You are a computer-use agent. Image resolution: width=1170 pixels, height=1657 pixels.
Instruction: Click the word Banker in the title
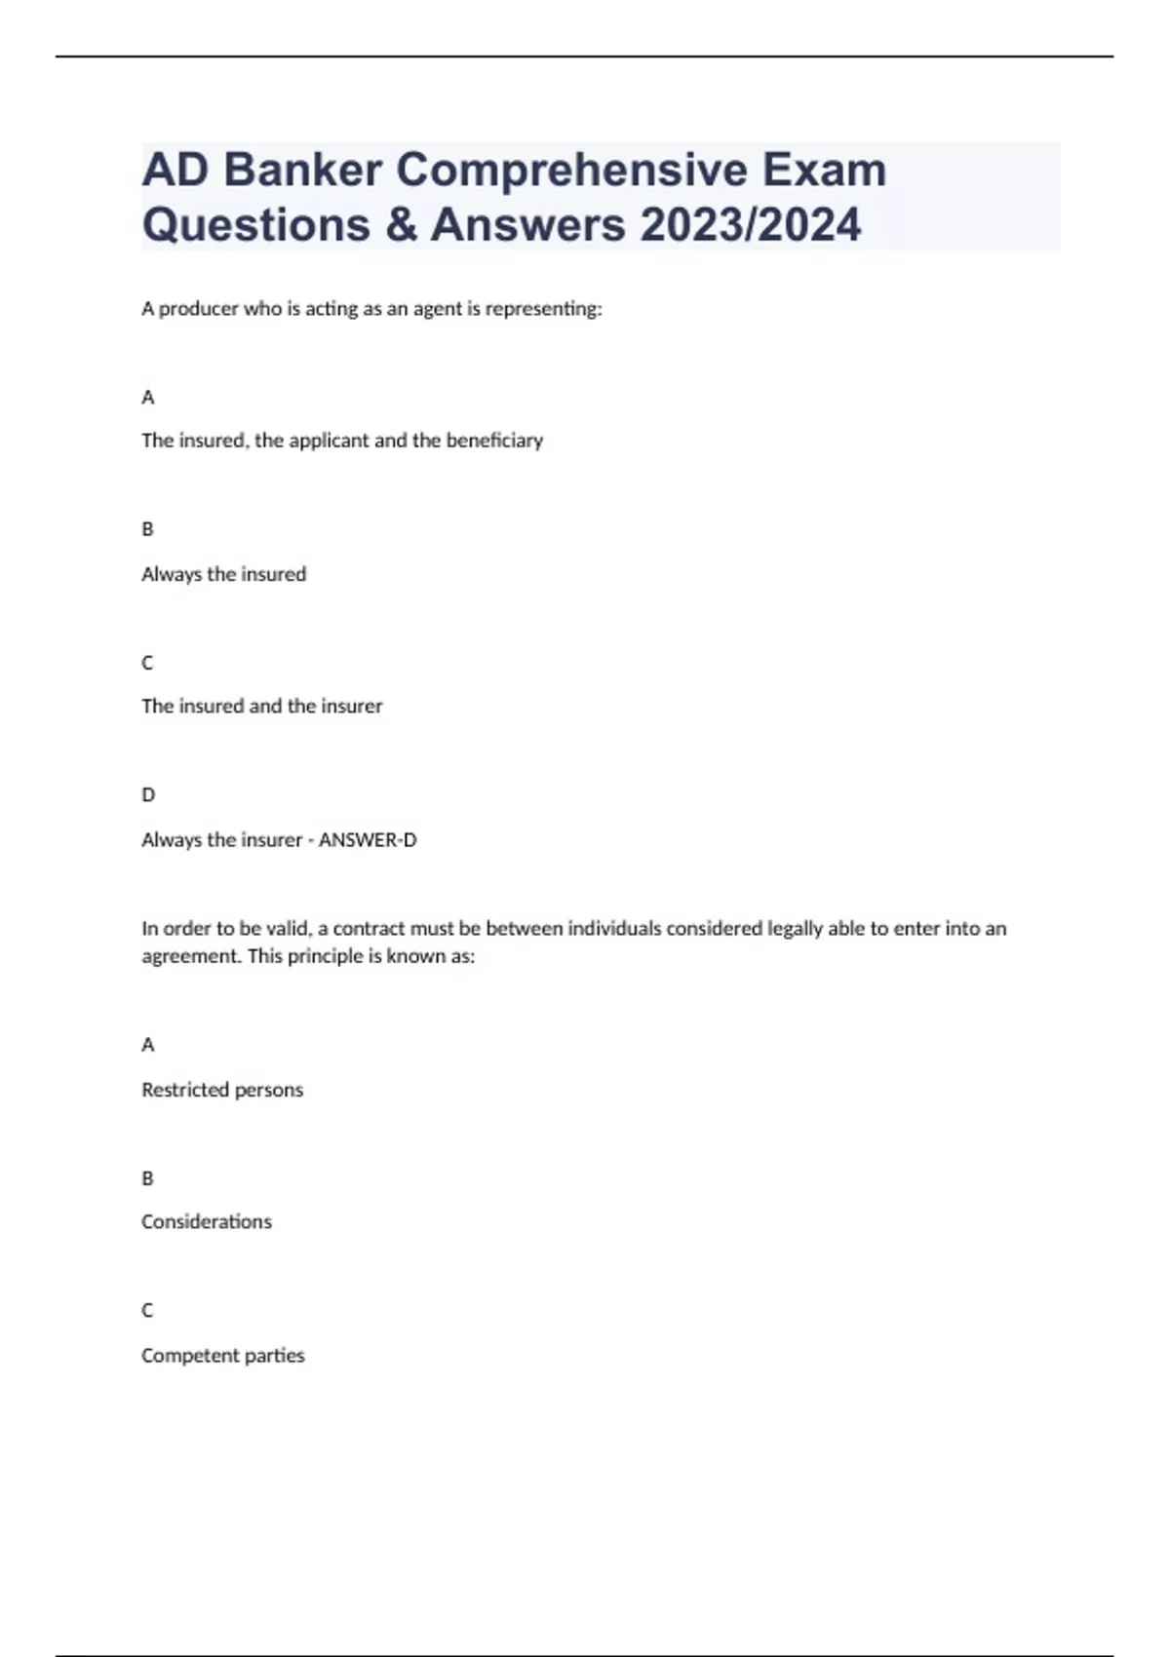302,170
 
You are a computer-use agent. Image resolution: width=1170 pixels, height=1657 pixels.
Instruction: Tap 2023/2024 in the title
751,224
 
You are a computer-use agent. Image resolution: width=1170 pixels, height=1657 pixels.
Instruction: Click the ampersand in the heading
400,224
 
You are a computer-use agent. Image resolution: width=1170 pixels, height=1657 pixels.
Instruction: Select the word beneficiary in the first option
494,441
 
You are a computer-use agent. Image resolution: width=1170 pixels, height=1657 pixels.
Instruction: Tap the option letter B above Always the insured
148,529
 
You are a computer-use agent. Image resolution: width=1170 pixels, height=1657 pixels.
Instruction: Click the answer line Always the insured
224,574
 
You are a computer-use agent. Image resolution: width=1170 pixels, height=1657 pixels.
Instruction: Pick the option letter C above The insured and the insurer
148,663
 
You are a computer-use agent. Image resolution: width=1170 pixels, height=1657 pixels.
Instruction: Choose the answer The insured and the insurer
262,706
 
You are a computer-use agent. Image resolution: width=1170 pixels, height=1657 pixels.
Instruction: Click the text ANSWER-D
368,840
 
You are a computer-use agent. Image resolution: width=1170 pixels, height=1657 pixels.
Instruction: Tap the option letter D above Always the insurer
148,795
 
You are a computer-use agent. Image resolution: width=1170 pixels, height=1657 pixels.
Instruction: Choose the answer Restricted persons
222,1090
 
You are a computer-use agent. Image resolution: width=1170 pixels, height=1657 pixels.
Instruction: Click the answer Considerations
207,1222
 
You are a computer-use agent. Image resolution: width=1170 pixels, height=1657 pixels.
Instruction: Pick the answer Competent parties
223,1356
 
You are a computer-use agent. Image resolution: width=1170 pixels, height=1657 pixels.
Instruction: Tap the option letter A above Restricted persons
148,1045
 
